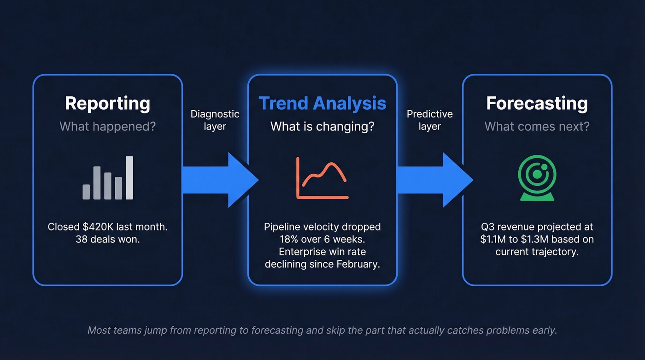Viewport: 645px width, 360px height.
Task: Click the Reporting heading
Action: [107, 103]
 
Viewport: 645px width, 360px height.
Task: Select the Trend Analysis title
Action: [322, 103]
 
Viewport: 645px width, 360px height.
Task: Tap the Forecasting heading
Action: [537, 103]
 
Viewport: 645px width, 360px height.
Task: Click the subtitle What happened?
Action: [107, 126]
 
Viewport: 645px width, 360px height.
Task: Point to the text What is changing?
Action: [322, 126]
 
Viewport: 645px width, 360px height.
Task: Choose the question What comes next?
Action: [537, 126]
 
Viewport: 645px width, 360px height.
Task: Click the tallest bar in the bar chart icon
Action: [129, 178]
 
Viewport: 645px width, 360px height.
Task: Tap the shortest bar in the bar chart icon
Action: [86, 192]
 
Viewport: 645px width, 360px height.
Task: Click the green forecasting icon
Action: [537, 178]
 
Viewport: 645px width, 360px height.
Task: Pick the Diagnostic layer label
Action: [215, 120]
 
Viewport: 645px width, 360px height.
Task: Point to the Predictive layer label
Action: [429, 120]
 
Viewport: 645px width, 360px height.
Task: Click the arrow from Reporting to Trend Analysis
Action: [220, 180]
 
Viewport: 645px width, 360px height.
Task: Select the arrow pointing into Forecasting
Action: [434, 180]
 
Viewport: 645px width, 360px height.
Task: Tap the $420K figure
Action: [97, 227]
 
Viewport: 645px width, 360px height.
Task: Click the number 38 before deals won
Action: [82, 239]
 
